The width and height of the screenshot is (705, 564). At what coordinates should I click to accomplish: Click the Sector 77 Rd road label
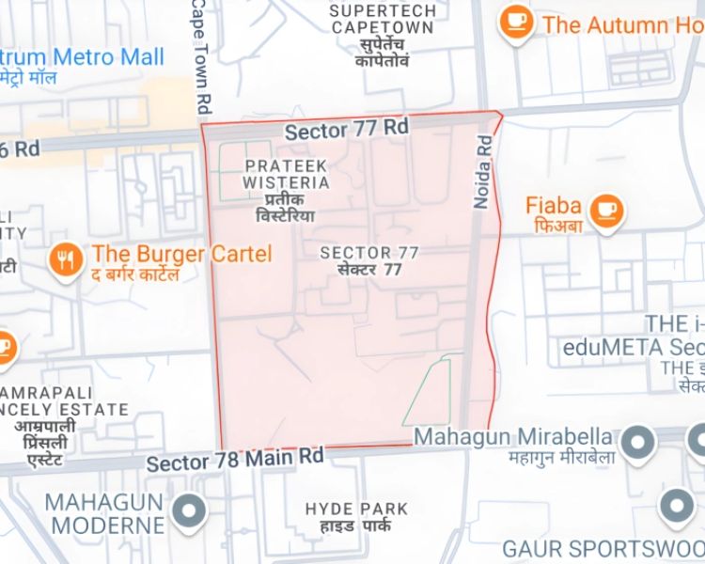[347, 129]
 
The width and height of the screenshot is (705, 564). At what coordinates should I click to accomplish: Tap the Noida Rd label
[484, 170]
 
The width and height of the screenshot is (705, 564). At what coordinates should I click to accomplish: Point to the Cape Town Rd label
[199, 56]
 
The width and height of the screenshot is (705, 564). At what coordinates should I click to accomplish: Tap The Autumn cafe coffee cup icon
[515, 23]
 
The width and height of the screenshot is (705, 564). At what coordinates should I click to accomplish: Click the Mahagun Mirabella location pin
[639, 440]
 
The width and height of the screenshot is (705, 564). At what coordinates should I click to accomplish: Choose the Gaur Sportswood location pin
[676, 509]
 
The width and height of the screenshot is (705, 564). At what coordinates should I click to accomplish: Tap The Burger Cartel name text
[182, 254]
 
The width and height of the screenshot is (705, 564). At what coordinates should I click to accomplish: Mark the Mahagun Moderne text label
[103, 513]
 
